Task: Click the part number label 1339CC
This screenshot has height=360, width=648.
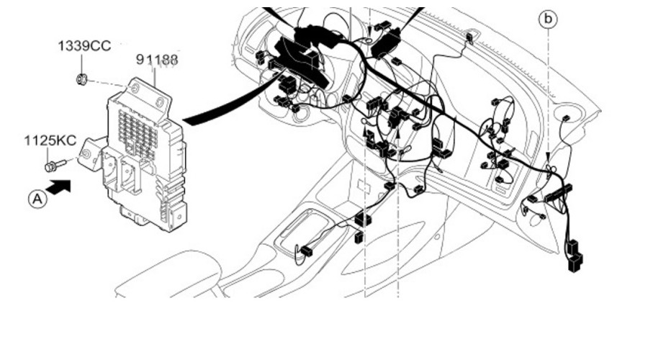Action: (84, 46)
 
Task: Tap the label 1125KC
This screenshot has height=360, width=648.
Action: (49, 140)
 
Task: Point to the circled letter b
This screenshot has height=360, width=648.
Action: (549, 19)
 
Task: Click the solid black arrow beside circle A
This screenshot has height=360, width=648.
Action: (63, 187)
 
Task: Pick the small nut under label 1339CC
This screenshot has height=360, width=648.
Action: (83, 78)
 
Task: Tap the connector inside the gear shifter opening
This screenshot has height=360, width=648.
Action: (306, 251)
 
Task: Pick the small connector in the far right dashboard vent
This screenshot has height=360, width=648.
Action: (565, 119)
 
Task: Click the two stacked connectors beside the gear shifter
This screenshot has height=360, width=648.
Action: (362, 219)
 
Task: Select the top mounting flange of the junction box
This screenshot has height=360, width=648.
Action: (144, 90)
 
